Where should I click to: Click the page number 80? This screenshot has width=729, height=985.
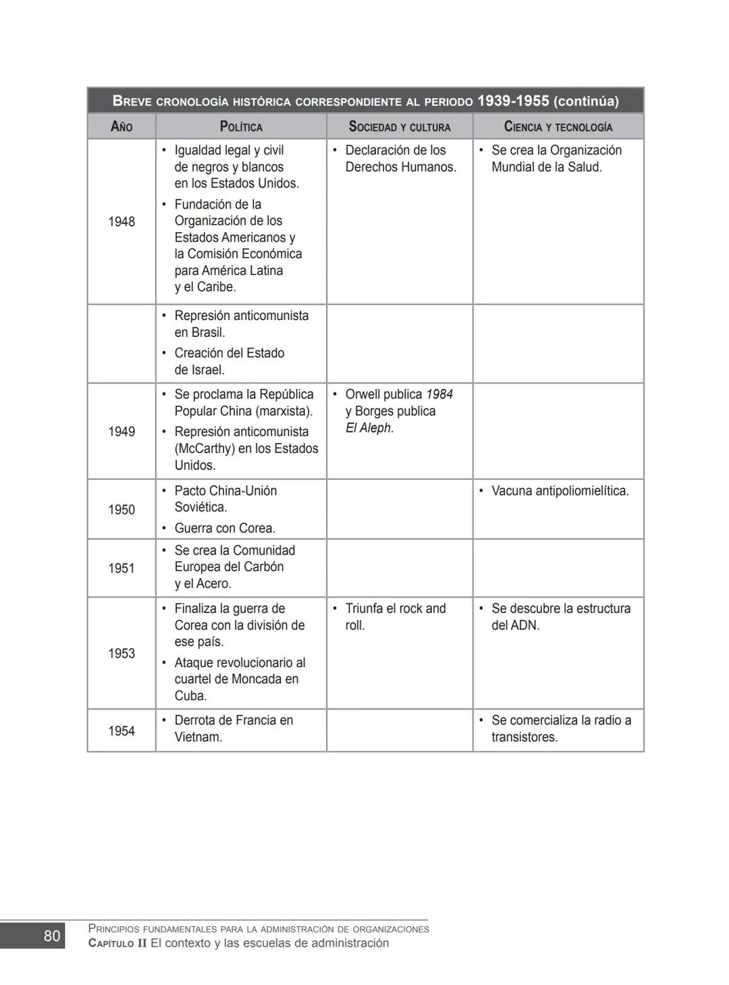coord(52,936)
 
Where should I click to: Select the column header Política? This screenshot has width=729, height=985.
coord(241,126)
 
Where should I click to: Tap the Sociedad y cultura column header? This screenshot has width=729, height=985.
coord(400,126)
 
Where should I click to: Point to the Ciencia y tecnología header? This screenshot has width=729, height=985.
coord(558,126)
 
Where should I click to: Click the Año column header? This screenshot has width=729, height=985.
coord(122,126)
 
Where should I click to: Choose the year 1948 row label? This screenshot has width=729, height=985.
coord(122,221)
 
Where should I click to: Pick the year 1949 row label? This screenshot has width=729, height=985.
coord(122,431)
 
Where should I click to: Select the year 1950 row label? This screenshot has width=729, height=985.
coord(122,510)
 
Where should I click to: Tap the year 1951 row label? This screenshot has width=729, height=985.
coord(122,568)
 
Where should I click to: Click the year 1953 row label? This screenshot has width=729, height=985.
coord(122,654)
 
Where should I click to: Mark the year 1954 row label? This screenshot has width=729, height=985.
coord(122,731)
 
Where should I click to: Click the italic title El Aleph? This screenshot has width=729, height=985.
coord(369,428)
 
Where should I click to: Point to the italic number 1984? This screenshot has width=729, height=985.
coord(439,394)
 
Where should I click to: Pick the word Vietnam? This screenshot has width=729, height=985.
coord(198,737)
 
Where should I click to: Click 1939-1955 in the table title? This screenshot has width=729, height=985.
coord(513,101)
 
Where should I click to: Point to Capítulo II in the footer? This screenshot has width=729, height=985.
coord(117,943)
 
